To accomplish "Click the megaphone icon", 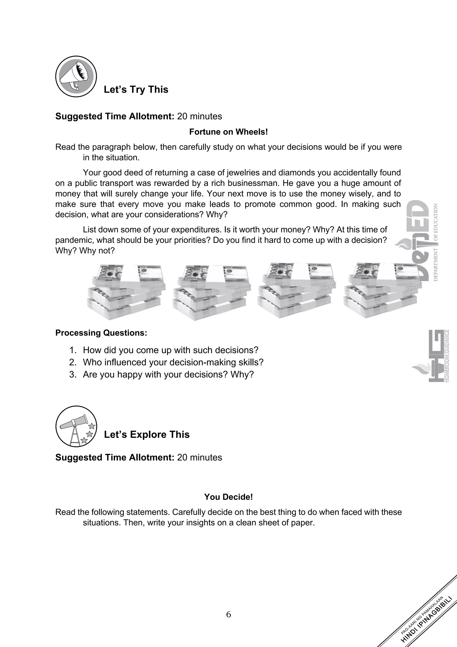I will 76,76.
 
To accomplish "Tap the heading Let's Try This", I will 136,90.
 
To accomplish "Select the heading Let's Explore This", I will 146,434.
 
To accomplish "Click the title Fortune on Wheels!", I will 228,132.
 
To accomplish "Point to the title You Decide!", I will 228,497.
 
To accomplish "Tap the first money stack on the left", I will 126,292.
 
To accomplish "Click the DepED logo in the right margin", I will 420,240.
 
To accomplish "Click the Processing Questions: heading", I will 101,333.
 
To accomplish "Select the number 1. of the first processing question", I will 73,350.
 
